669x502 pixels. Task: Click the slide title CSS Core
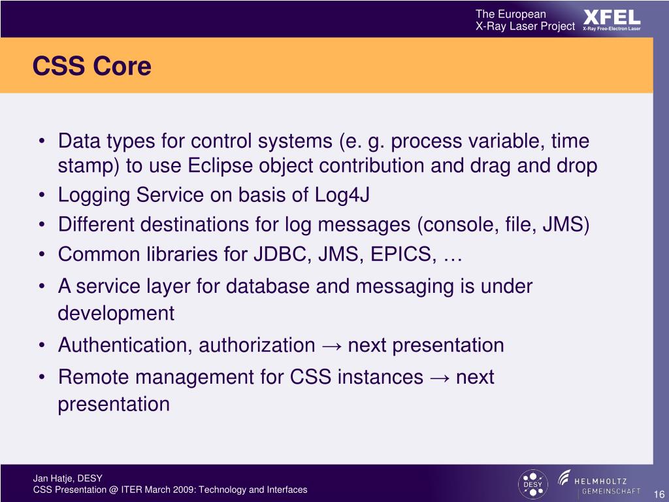coord(91,66)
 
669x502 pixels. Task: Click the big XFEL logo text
coord(612,18)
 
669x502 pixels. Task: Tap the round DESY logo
coord(532,484)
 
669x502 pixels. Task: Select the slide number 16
coord(659,494)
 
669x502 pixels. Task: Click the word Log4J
coord(342,195)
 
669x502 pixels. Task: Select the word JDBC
coord(280,254)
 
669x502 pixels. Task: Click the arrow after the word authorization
coord(331,346)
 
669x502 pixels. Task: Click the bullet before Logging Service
coord(41,196)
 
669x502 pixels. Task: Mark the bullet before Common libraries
coord(41,255)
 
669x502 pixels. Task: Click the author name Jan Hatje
coord(53,478)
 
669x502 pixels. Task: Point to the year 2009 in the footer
coord(186,490)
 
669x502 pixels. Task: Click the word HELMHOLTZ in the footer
coord(600,482)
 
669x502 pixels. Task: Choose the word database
coord(267,286)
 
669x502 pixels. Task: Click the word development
coord(116,314)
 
